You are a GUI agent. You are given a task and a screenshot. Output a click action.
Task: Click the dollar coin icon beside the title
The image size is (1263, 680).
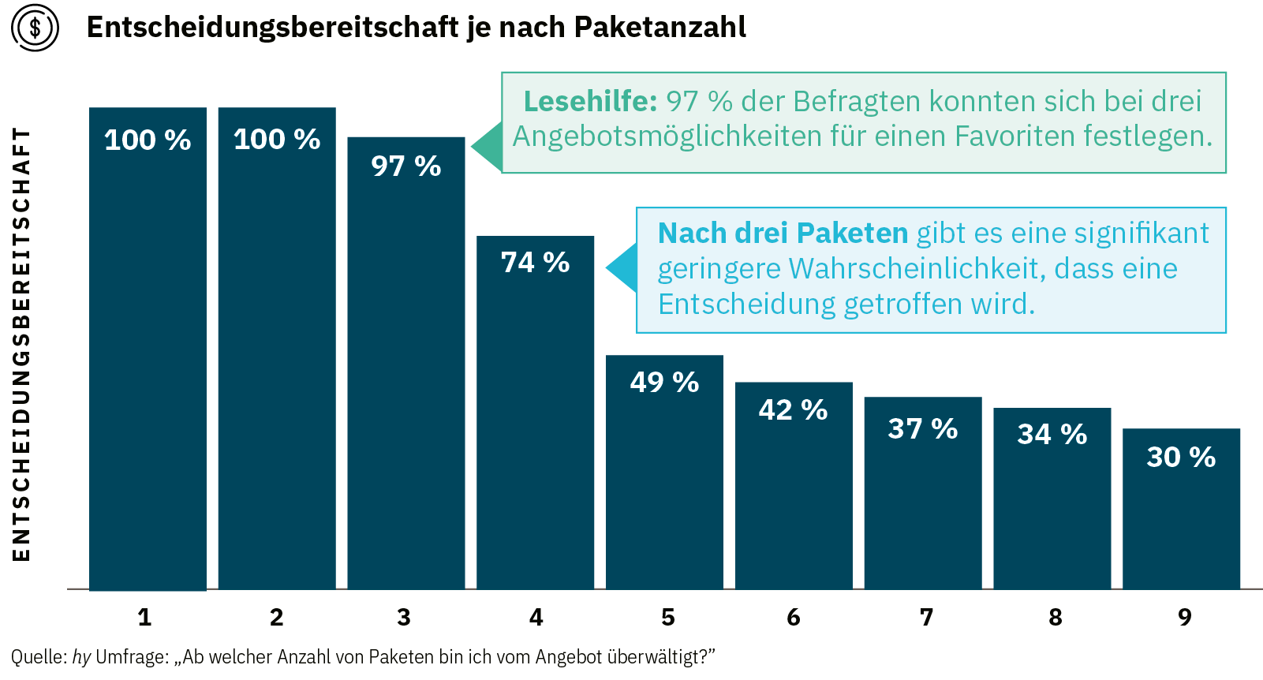click(35, 28)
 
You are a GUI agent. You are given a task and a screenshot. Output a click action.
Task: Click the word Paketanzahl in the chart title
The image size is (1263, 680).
click(660, 28)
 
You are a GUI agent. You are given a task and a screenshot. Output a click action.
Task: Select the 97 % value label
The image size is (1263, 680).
click(405, 166)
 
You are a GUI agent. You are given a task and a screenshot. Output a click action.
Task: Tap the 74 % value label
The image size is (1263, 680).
click(535, 263)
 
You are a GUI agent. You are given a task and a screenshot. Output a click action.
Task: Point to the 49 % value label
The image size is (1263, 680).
click(664, 383)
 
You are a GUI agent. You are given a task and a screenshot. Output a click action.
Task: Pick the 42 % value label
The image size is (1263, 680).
click(793, 410)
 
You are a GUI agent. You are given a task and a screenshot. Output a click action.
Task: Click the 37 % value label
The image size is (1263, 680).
click(922, 429)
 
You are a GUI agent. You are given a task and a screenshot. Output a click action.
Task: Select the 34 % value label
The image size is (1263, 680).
click(1052, 435)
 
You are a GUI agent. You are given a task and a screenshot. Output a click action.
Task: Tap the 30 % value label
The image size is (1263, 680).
click(1181, 458)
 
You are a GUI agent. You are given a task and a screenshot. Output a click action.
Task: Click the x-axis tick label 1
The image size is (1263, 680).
click(144, 618)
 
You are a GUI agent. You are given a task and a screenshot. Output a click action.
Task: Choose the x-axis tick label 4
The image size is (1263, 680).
click(536, 618)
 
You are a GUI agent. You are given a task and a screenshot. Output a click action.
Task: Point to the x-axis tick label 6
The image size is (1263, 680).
click(794, 618)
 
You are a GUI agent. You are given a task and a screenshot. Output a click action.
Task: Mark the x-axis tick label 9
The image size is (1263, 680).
click(1184, 618)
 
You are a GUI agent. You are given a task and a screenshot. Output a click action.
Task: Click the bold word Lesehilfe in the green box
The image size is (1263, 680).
click(590, 102)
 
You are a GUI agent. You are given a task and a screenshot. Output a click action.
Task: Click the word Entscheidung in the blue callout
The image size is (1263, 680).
click(746, 305)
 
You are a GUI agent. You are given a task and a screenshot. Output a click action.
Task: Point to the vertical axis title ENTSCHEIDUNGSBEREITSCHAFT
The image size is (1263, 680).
click(22, 344)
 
